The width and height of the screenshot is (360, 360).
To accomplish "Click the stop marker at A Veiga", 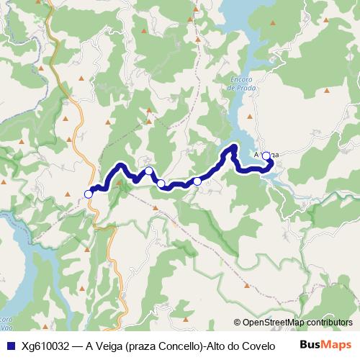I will (266, 156).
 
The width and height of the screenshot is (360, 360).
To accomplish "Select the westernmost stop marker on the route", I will (89, 194).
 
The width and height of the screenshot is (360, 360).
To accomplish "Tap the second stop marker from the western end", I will (148, 171).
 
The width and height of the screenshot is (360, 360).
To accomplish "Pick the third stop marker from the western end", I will (161, 184).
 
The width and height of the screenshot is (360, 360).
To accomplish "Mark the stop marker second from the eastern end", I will (197, 181).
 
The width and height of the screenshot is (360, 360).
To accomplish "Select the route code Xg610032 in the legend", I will (44, 345).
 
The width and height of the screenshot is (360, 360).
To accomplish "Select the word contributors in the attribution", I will (327, 323).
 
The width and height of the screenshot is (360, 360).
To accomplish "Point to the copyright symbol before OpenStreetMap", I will (237, 323).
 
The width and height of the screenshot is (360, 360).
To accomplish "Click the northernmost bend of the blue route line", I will (234, 148).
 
